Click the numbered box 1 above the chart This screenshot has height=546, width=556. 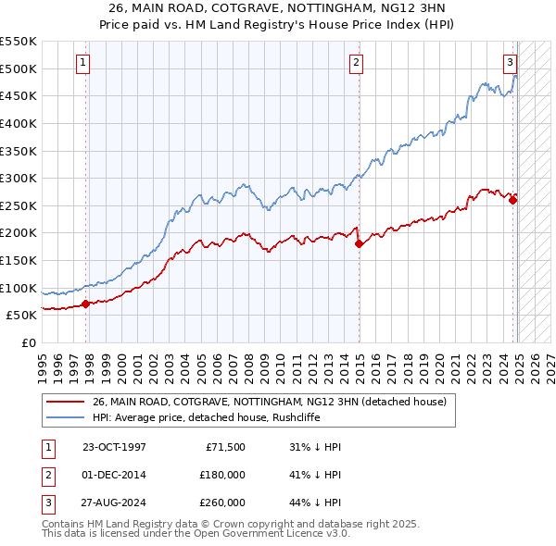[83, 63]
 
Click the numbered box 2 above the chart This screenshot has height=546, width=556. [357, 63]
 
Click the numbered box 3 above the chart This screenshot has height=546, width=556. [510, 63]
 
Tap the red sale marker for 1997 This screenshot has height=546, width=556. [85, 303]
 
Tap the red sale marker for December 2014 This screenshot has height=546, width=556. [359, 243]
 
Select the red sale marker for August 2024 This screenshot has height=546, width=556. [513, 199]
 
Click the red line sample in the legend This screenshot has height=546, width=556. [64, 402]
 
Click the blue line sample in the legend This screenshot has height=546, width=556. [64, 417]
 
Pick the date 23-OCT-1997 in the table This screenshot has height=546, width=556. [114, 447]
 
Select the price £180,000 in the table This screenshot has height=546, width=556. [222, 475]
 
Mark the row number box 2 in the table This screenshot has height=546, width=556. [47, 475]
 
